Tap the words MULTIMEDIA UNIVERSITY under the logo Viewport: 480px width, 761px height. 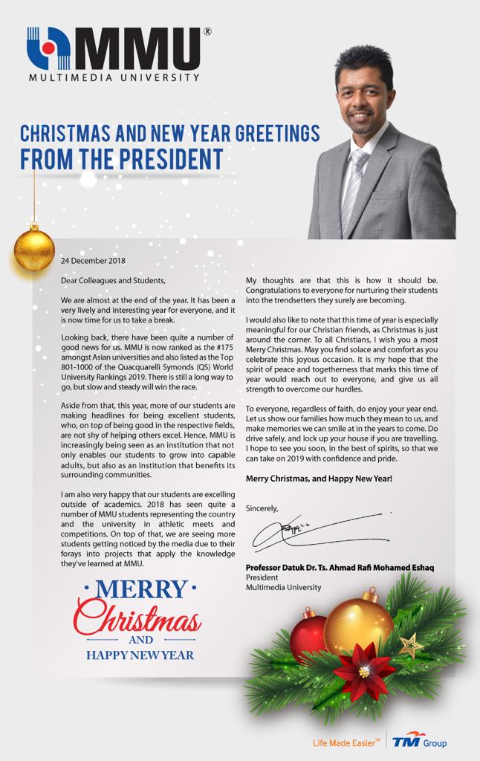click(x=114, y=77)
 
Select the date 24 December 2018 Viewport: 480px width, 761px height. click(x=93, y=261)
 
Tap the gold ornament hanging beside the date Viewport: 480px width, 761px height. click(x=34, y=250)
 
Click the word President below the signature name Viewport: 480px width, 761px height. click(x=262, y=577)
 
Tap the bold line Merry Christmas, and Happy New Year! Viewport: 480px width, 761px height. click(x=319, y=479)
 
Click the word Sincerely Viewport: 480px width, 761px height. click(x=262, y=508)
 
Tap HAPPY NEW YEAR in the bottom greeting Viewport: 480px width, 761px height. click(x=140, y=655)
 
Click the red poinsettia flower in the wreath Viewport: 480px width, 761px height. click(x=364, y=671)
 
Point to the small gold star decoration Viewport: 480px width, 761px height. click(x=411, y=645)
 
